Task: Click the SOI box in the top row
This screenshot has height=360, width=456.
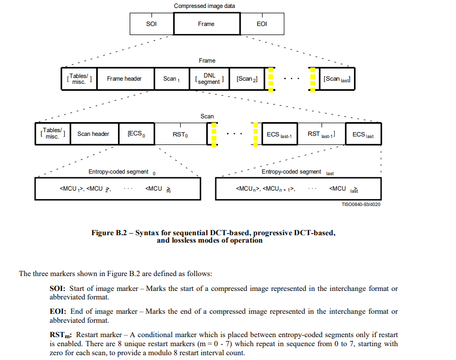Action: [151, 24]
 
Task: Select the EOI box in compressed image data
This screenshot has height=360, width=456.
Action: [261, 24]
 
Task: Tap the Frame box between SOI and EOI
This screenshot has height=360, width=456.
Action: [206, 24]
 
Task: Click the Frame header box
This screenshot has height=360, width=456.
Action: [124, 79]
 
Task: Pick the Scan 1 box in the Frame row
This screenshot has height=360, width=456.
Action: [171, 79]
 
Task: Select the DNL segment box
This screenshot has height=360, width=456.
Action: [209, 79]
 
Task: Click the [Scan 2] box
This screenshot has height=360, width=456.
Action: [248, 79]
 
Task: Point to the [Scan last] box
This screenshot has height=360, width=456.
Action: [336, 79]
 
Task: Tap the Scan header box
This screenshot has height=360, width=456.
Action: [93, 134]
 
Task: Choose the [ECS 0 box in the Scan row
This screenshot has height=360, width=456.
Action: [137, 134]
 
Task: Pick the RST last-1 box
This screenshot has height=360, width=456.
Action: [322, 134]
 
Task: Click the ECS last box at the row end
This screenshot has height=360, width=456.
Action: [363, 134]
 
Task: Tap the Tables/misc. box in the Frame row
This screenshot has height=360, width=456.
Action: [79, 79]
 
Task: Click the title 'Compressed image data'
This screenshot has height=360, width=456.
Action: [204, 6]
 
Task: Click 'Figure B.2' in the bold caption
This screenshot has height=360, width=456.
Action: [110, 233]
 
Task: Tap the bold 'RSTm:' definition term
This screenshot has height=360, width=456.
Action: [62, 335]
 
